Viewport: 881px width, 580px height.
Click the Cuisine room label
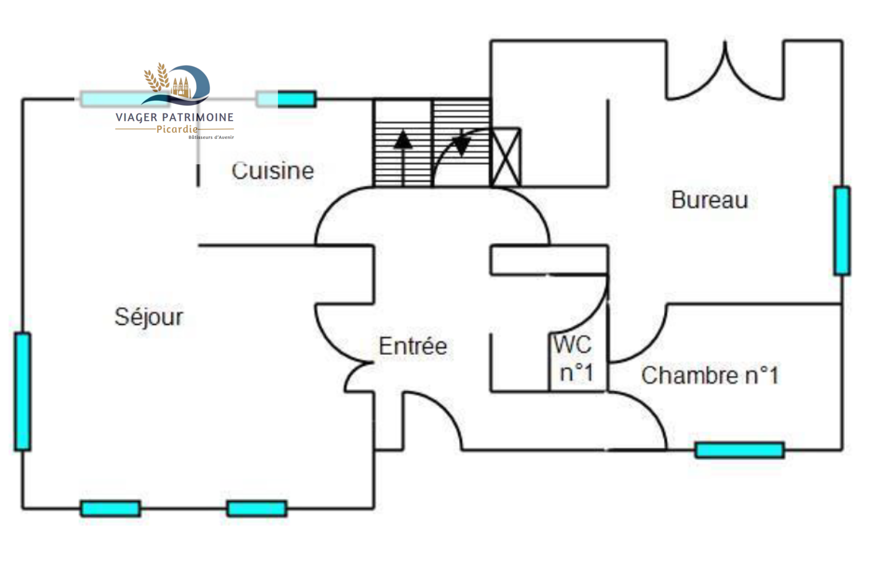coord(273,171)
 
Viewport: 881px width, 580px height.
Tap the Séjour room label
coord(149,317)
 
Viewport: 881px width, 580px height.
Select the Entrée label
coord(412,346)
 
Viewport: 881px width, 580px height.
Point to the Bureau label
coord(709,199)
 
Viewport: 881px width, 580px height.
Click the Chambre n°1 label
coord(710,376)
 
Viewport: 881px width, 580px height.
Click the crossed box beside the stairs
coord(505,158)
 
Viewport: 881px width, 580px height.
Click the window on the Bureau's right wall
coord(841,230)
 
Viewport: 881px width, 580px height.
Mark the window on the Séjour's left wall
coord(23,391)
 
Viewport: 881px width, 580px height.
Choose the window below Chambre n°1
coord(739,450)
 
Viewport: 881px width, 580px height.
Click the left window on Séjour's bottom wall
coord(110,508)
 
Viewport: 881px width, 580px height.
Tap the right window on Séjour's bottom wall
coord(257,508)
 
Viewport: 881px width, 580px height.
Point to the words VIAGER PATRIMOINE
coord(175,117)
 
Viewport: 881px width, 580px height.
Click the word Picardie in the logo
coord(177,129)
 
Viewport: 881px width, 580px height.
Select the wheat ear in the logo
coord(157,77)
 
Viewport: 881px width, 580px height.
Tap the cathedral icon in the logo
coord(182,87)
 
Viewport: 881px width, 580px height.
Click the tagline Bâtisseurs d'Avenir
coord(211,137)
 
